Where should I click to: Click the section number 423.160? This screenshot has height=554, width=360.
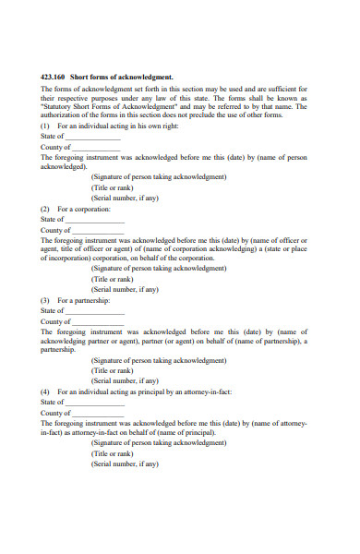click(53, 77)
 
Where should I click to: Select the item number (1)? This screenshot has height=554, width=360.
click(46, 126)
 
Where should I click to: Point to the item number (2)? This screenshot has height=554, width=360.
click(46, 209)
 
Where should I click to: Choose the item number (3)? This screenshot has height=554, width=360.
click(46, 300)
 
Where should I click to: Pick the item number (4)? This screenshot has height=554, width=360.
click(46, 391)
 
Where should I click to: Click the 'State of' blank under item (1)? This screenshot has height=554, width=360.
click(94, 136)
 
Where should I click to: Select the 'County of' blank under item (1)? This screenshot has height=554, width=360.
click(96, 147)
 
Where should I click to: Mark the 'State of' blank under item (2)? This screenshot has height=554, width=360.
click(94, 219)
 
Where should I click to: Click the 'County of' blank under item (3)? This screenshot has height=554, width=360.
click(96, 321)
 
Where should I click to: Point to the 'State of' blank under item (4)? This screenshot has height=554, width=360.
click(94, 402)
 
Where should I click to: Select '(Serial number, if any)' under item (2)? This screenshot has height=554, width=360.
click(125, 289)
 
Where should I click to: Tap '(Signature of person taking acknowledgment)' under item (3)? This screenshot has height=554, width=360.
click(159, 360)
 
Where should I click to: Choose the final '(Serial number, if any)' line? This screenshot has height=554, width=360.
click(125, 463)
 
